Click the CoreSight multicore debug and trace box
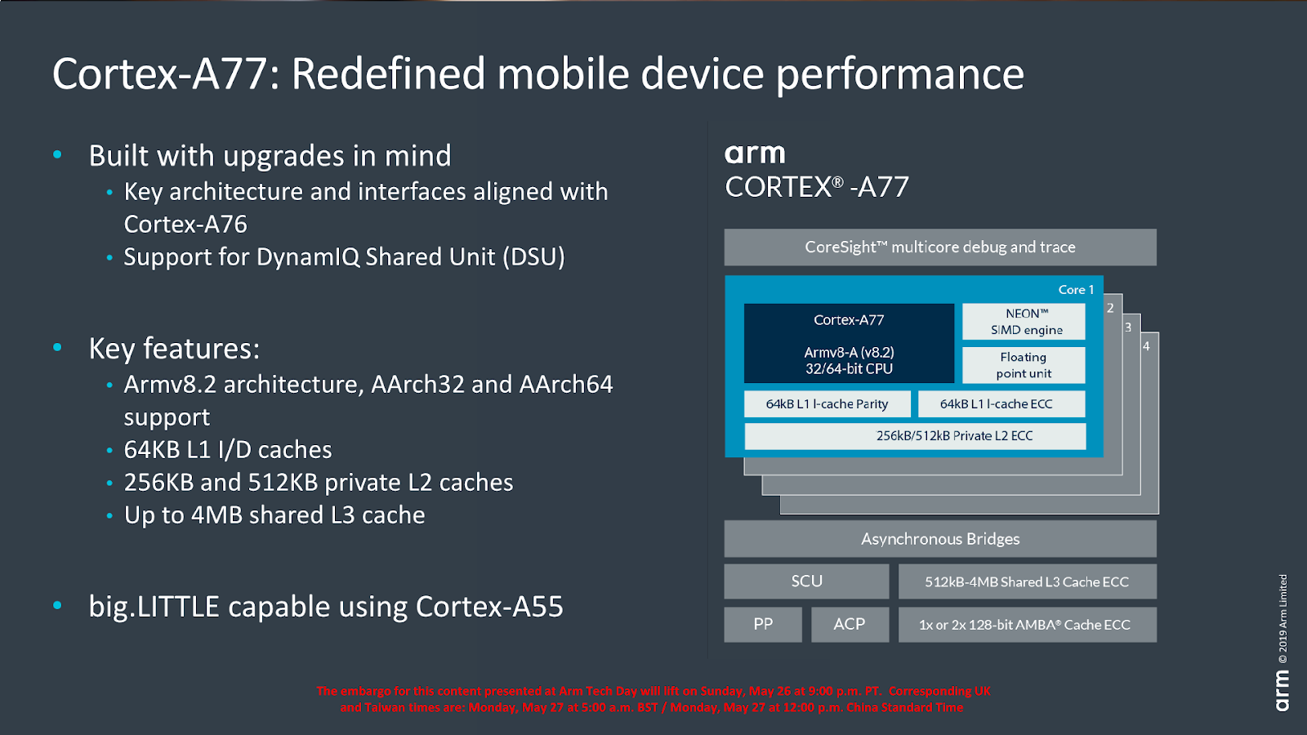[x=940, y=247]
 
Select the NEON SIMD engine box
[x=1024, y=322]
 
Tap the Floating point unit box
[x=1024, y=365]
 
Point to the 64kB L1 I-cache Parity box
[x=827, y=403]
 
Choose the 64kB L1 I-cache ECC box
[x=1001, y=403]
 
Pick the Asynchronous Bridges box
[x=940, y=539]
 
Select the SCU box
[x=806, y=581]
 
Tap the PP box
[x=763, y=625]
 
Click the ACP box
[x=850, y=625]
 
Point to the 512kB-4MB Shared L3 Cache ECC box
[x=1027, y=581]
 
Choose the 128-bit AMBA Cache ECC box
[x=1027, y=625]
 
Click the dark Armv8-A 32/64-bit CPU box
[x=849, y=344]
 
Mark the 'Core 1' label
[x=1076, y=290]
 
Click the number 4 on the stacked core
[x=1146, y=346]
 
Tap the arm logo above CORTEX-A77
[x=755, y=154]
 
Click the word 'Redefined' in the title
[x=388, y=74]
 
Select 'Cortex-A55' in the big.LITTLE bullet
[x=489, y=607]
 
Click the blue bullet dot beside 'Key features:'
[x=57, y=347]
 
